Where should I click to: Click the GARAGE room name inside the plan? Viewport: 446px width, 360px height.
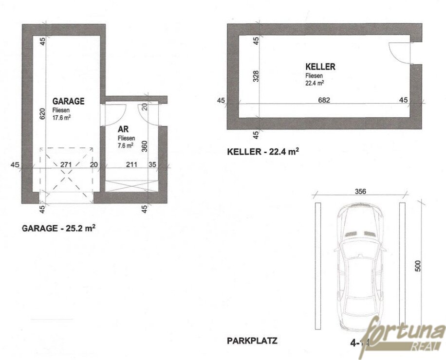click(x=68, y=101)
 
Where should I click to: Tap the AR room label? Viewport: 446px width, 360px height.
click(x=123, y=130)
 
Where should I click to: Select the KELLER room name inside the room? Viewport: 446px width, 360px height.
click(x=320, y=67)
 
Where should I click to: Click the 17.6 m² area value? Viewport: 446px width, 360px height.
click(x=62, y=117)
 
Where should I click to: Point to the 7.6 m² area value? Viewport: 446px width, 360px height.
click(x=126, y=145)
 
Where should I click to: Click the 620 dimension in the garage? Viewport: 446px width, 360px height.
click(x=42, y=113)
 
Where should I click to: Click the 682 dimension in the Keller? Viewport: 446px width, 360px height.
click(x=324, y=101)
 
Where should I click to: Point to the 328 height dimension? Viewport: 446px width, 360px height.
click(x=256, y=76)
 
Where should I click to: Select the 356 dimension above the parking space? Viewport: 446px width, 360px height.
click(x=360, y=191)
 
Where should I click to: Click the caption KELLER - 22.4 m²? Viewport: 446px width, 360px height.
click(x=263, y=151)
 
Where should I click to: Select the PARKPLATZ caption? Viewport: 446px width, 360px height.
click(x=252, y=341)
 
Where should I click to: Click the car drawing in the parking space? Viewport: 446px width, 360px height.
click(x=360, y=265)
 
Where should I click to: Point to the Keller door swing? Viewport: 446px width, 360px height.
click(x=399, y=52)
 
